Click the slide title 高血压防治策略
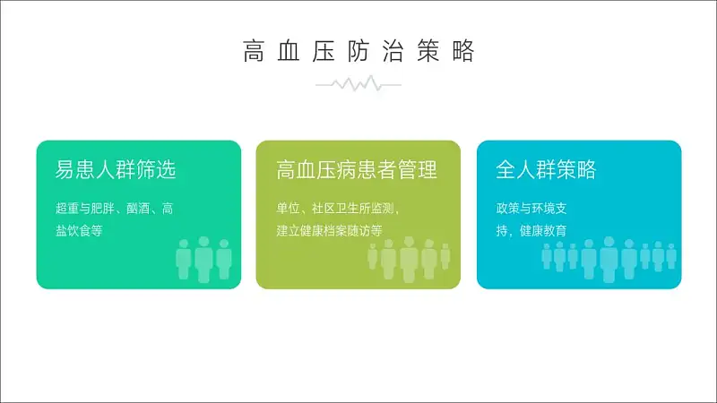click(358, 51)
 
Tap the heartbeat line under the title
click(358, 84)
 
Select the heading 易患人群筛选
click(116, 169)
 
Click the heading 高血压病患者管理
click(357, 169)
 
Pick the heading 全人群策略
click(546, 169)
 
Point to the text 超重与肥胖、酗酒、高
click(115, 209)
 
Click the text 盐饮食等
click(79, 231)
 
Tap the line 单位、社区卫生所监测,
click(338, 209)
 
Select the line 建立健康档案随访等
click(329, 231)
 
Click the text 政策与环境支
click(531, 209)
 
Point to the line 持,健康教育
click(531, 231)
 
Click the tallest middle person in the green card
click(204, 260)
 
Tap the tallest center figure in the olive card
click(410, 260)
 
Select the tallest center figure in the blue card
click(609, 260)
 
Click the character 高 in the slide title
click(254, 51)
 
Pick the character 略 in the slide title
click(463, 51)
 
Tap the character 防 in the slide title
click(358, 51)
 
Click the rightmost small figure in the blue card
click(671, 256)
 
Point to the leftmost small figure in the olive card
click(373, 256)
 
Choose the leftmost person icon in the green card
click(184, 259)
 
